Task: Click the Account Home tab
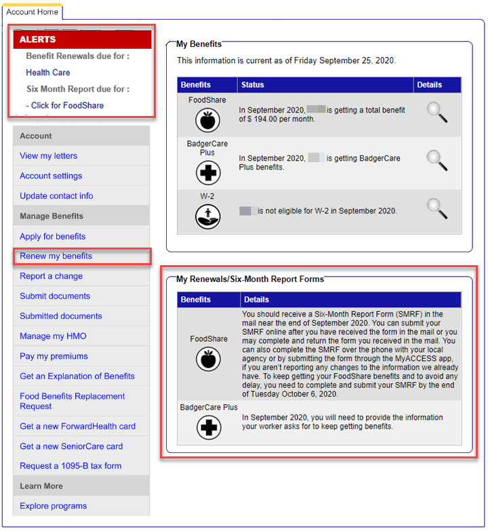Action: pos(32,12)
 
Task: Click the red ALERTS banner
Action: pos(82,39)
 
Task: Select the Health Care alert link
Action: pos(48,73)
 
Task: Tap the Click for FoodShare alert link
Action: pos(65,106)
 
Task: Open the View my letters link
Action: pos(49,156)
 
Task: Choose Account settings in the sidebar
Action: pos(51,176)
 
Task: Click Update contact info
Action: pos(56,196)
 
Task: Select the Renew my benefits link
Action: pos(56,256)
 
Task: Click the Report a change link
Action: pos(51,276)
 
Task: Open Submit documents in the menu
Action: pos(55,296)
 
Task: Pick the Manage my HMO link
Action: pos(53,336)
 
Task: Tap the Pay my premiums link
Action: pos(54,356)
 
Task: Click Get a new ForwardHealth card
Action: pos(77,427)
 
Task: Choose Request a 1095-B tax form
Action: pos(70,466)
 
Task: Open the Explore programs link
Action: pos(53,506)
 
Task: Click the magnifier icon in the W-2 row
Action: pos(436,208)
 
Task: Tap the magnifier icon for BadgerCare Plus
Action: pos(436,160)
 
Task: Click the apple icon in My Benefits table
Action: pos(207,121)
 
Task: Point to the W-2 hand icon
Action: pos(207,217)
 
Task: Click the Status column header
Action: pos(252,85)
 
